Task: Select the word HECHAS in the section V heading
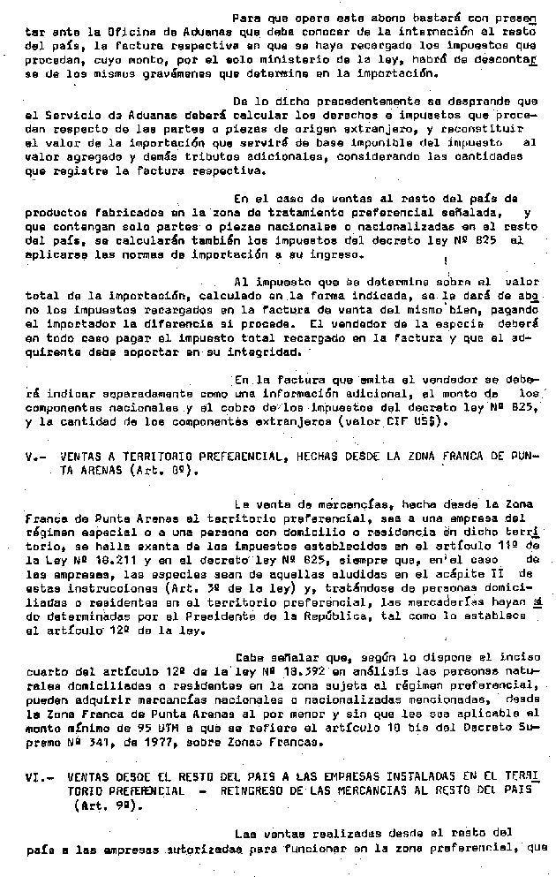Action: (x=308, y=457)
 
